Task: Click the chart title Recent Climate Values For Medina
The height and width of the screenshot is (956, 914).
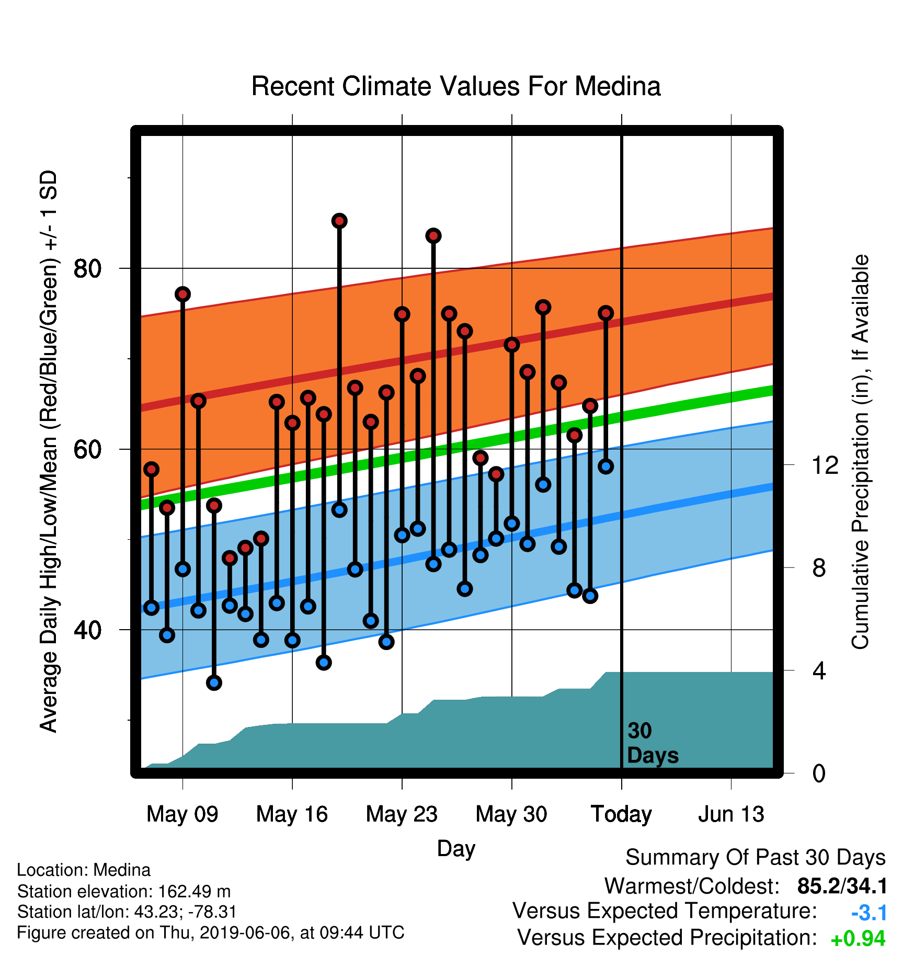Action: click(456, 86)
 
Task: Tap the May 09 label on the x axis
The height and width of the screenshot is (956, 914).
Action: click(182, 814)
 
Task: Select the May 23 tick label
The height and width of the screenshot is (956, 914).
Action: click(402, 814)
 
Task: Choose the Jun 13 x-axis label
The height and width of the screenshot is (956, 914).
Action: click(731, 814)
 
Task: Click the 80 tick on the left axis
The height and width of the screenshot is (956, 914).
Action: click(87, 269)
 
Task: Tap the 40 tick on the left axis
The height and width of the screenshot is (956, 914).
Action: click(87, 630)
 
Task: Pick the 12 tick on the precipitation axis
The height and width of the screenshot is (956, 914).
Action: click(825, 465)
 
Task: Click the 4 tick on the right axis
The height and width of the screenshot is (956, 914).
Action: click(819, 670)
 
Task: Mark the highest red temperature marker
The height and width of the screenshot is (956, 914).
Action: click(339, 221)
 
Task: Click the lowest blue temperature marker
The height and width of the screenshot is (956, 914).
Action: click(214, 682)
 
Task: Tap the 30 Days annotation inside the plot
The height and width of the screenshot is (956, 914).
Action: click(653, 743)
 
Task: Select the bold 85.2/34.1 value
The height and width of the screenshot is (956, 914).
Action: click(842, 886)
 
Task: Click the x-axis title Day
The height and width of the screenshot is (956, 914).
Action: click(456, 849)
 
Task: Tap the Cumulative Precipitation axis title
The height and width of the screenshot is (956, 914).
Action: click(860, 452)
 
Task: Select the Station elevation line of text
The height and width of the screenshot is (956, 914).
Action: click(124, 891)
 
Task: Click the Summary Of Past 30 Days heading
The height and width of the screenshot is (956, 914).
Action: click(756, 858)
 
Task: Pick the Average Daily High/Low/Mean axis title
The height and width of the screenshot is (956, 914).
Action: click(49, 451)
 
